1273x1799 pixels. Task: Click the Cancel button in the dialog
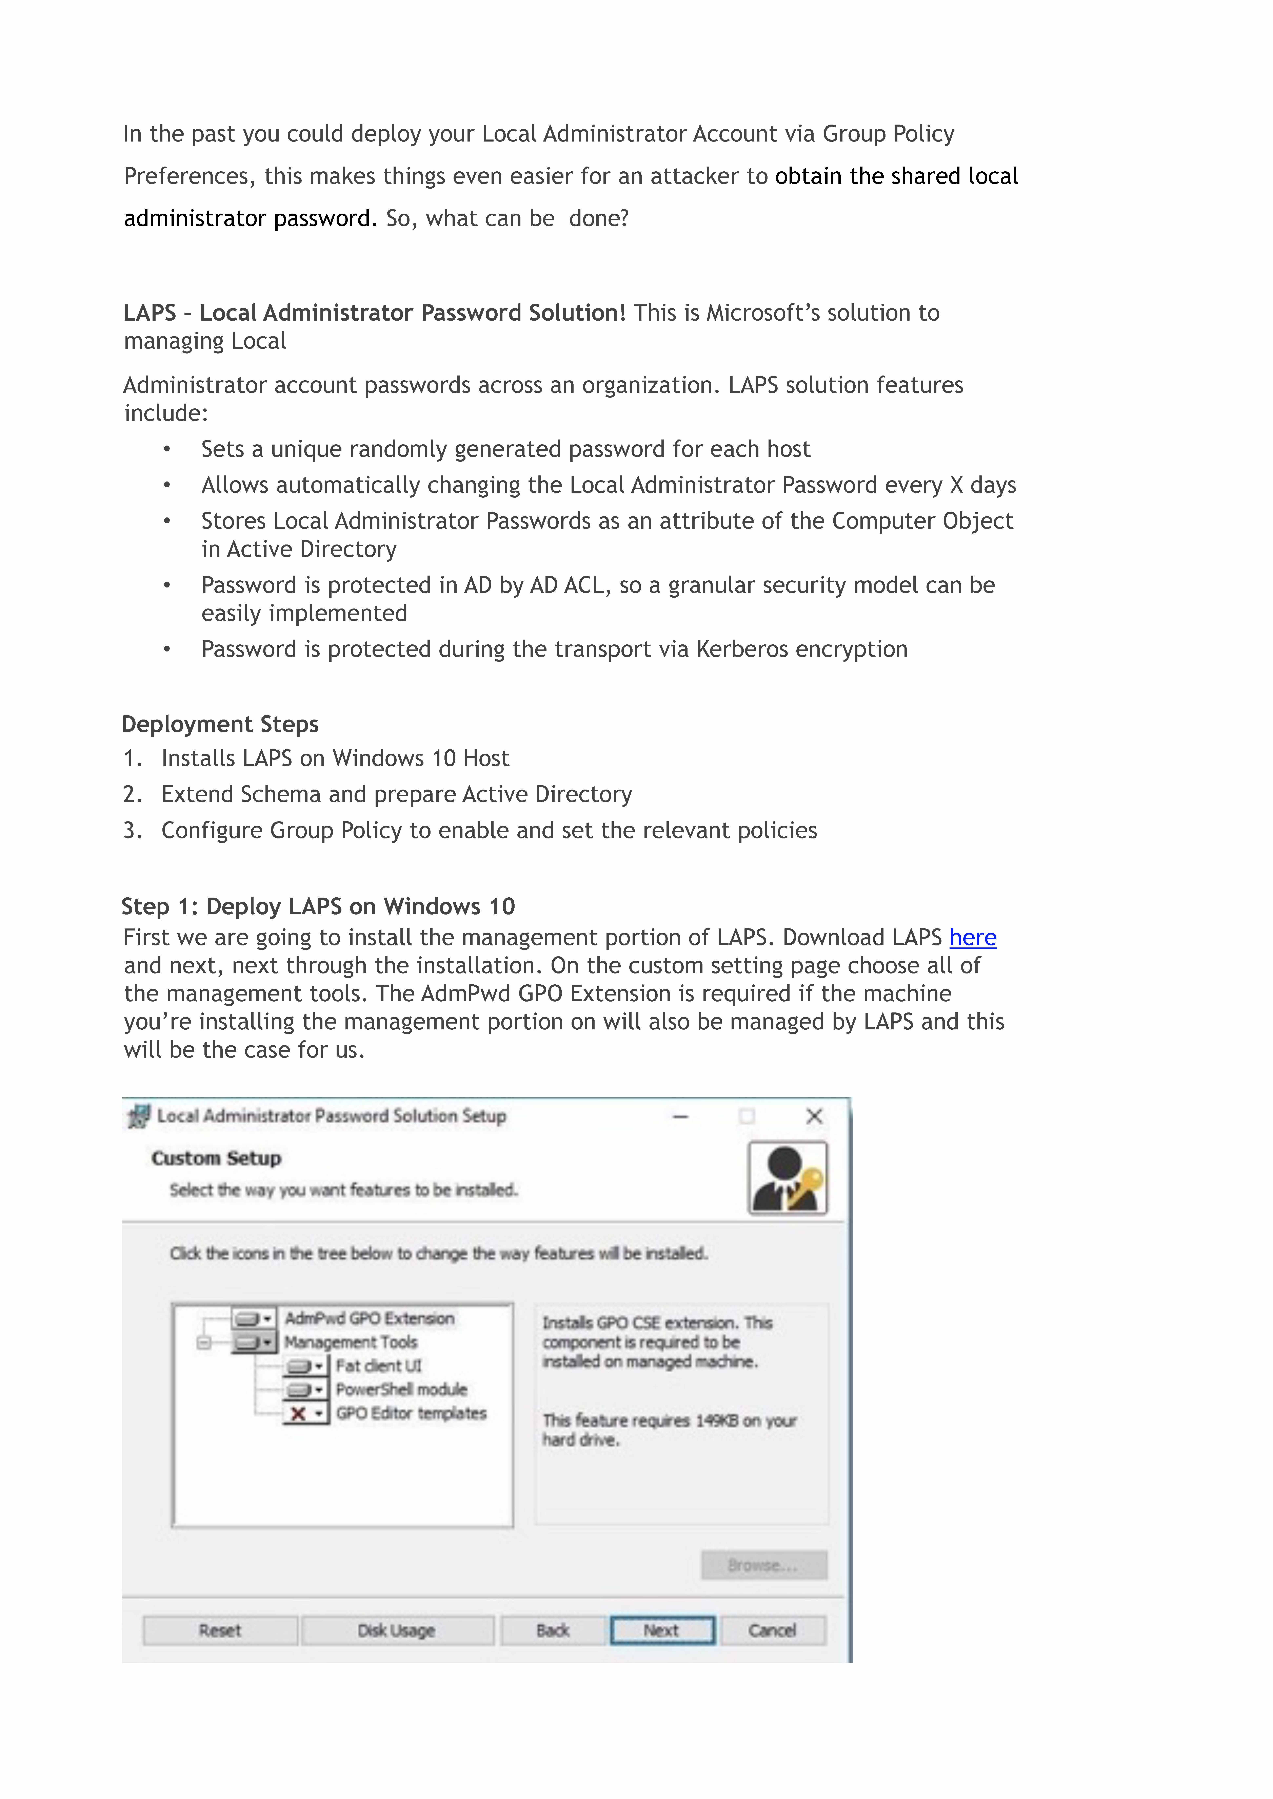point(772,1631)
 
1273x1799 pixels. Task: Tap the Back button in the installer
point(553,1631)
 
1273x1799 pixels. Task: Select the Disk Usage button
point(397,1631)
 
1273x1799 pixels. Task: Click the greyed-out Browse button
point(763,1565)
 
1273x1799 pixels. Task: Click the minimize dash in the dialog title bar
point(680,1117)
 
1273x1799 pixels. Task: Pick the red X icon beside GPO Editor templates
point(298,1414)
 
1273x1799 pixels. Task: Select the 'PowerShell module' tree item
point(401,1389)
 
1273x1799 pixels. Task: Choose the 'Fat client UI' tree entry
point(379,1366)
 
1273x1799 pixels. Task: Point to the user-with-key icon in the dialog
point(787,1178)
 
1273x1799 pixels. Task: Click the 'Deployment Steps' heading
point(220,724)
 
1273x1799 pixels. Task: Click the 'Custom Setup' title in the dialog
point(216,1158)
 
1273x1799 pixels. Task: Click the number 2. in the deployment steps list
point(133,794)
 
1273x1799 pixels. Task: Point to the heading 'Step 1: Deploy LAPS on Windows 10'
point(318,906)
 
